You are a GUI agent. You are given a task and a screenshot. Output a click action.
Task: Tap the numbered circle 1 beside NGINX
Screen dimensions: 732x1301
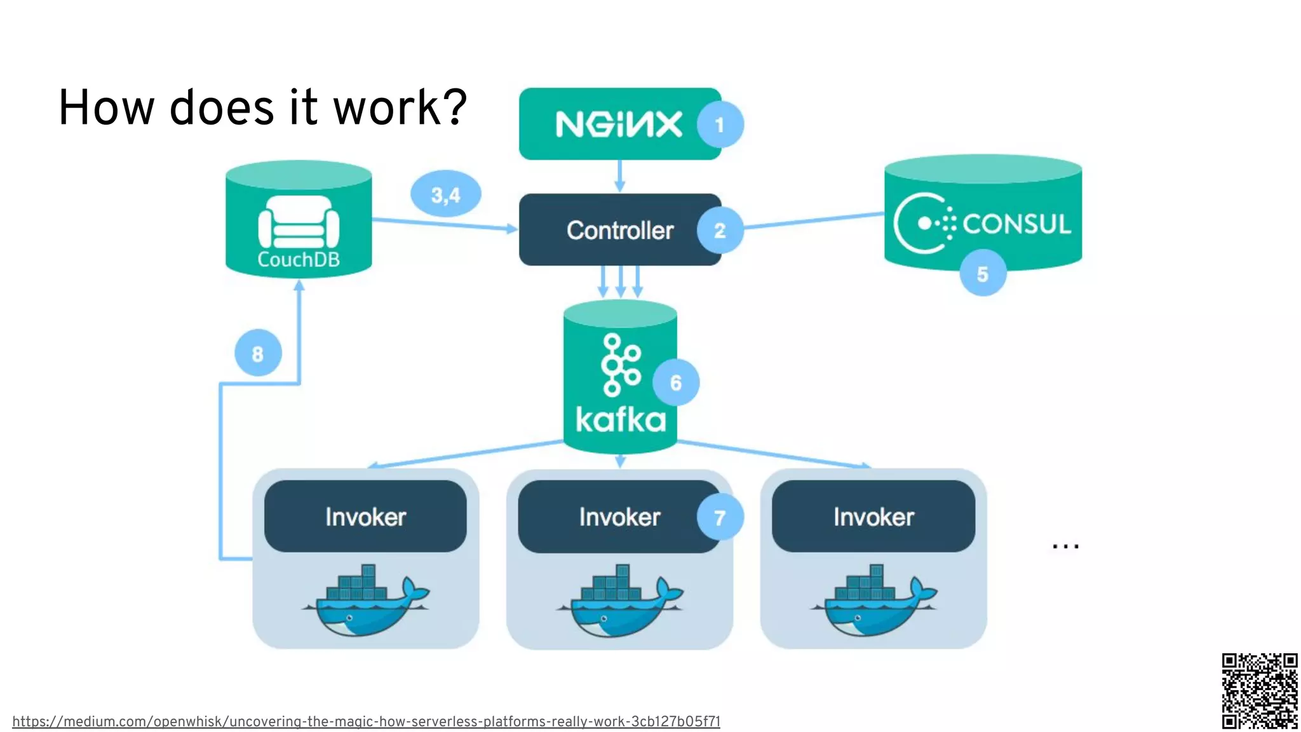720,125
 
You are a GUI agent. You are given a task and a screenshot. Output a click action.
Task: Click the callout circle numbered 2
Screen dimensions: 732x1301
720,230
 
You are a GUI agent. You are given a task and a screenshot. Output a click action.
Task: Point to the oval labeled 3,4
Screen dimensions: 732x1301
445,194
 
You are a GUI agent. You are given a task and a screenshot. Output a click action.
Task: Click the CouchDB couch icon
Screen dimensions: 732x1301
299,222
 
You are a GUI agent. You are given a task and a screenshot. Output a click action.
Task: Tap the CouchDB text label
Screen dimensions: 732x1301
299,259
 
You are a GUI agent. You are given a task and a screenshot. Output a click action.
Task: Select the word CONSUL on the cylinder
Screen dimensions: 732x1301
1016,224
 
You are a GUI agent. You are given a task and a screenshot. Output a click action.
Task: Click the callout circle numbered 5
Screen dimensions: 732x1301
982,274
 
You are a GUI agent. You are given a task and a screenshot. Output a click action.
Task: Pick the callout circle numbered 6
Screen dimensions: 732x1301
675,383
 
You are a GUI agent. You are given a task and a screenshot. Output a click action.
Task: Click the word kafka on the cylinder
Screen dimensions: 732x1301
620,421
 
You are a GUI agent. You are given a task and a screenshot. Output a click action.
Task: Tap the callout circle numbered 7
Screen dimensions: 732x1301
720,517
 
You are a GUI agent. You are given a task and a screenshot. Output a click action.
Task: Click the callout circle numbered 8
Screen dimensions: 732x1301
257,353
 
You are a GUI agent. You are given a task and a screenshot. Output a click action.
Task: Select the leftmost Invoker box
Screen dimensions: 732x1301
365,517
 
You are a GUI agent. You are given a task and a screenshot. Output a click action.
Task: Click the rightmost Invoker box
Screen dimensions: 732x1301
873,517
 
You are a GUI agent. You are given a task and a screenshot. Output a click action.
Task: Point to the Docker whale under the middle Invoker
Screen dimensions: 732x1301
619,600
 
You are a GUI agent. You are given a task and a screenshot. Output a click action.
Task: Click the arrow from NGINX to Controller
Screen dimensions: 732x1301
620,176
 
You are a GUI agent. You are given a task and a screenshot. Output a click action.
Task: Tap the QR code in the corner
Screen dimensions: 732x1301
1259,690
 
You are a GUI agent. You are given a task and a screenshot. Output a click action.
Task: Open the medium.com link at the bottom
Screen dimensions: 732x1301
366,721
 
